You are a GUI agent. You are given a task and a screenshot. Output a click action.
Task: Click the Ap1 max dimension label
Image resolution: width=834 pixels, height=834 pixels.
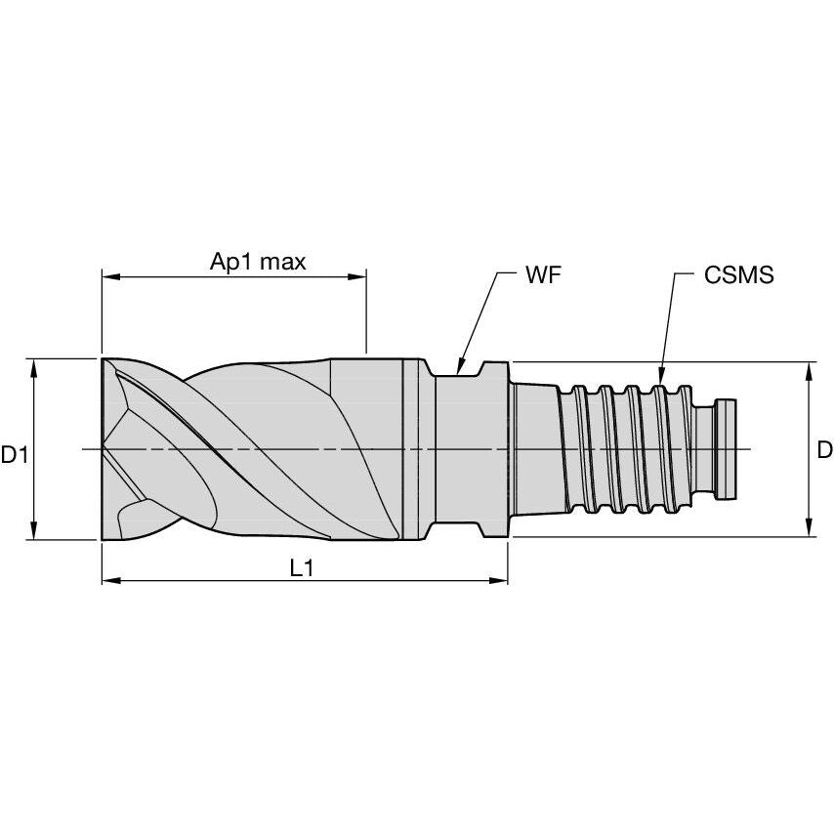(x=258, y=261)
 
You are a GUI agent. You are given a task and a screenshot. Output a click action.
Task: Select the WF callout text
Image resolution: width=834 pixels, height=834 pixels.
(x=543, y=274)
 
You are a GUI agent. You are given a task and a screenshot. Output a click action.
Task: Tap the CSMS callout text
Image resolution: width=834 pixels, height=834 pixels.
(x=738, y=274)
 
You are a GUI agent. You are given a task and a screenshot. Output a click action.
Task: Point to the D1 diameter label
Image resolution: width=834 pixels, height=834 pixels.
(x=14, y=454)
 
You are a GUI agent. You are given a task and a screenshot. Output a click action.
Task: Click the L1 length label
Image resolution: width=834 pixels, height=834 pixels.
(x=302, y=568)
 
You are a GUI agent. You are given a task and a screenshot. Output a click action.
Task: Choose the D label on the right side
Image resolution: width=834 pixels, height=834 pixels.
(x=823, y=449)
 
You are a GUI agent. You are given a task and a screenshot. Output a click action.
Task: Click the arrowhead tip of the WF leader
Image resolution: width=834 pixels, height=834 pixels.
(x=457, y=374)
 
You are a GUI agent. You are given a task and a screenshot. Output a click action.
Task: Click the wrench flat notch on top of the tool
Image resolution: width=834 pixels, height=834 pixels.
(x=457, y=368)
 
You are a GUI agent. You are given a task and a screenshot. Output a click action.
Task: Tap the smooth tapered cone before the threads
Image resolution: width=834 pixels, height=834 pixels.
(x=534, y=449)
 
